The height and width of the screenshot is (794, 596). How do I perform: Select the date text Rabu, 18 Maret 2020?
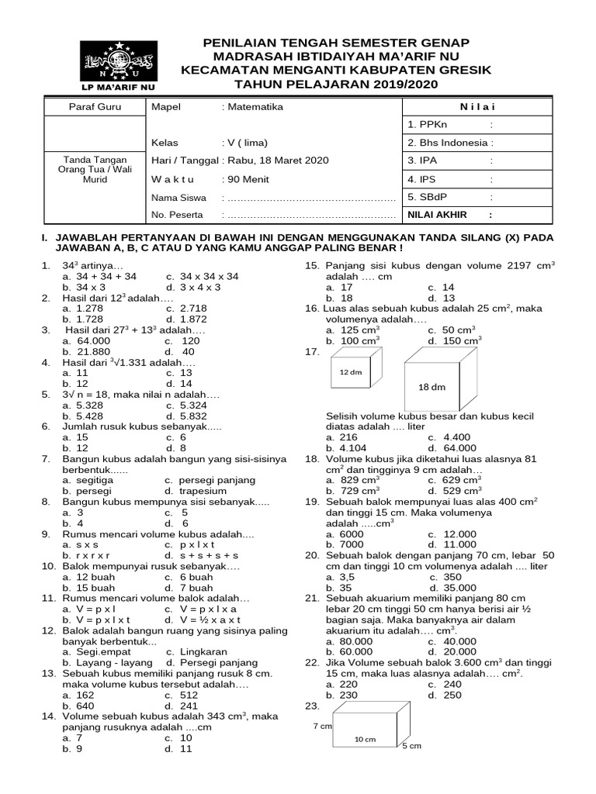[x=277, y=161]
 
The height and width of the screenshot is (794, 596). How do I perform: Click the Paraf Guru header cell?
[x=95, y=106]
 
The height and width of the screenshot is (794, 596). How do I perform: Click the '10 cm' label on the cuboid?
[x=365, y=739]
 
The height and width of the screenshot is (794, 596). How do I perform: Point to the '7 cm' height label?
[x=322, y=727]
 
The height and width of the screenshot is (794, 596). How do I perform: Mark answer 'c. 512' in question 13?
[x=183, y=696]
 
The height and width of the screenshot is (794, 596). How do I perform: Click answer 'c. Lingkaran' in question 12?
[x=194, y=652]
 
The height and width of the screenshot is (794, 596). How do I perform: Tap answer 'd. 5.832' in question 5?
[x=185, y=416]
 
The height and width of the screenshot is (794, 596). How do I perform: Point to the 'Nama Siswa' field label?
[x=178, y=197]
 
